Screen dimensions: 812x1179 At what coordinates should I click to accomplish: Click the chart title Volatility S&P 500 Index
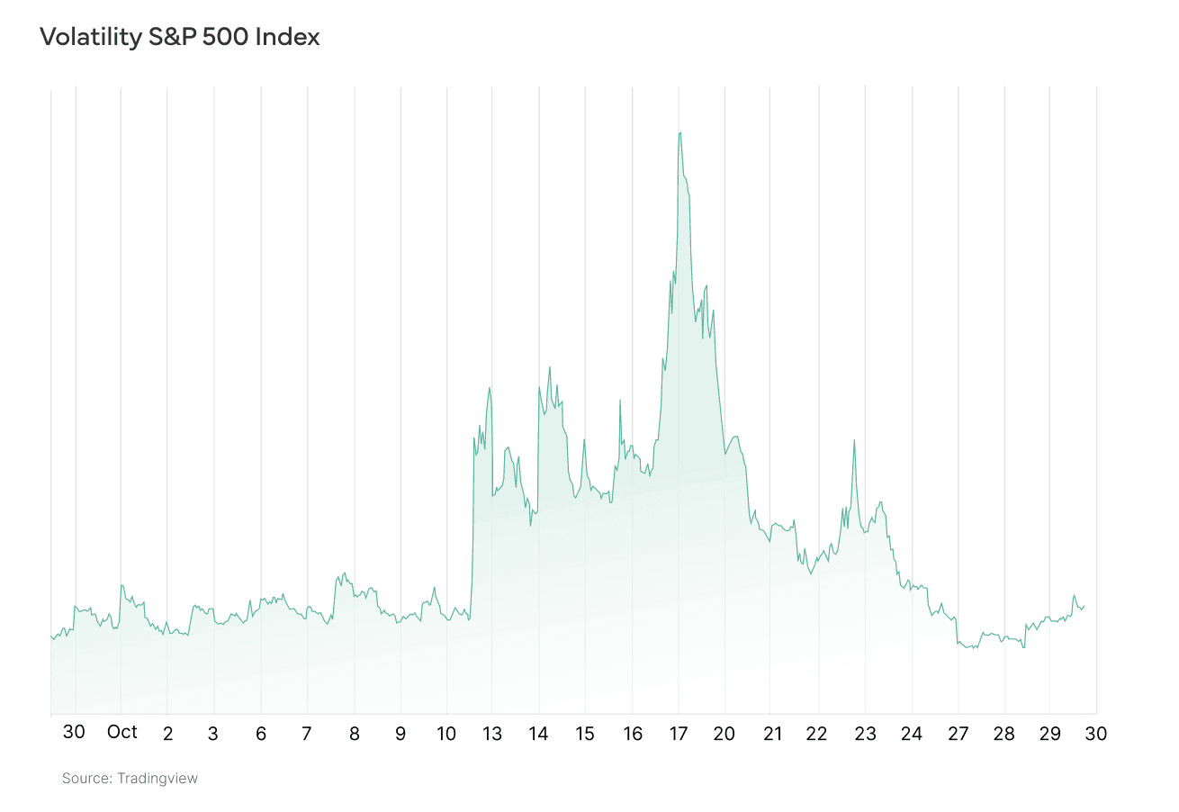(x=180, y=38)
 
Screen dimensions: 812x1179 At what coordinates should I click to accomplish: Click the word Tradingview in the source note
(x=157, y=779)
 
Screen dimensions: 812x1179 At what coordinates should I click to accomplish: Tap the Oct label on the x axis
(x=122, y=732)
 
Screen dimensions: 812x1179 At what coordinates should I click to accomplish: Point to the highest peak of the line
(x=680, y=133)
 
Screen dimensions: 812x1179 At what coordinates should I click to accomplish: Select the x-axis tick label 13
(x=492, y=733)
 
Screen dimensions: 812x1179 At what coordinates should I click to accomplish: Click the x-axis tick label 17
(x=679, y=733)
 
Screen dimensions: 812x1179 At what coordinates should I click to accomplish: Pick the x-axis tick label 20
(x=724, y=733)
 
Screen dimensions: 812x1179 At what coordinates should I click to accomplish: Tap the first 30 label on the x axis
(x=74, y=732)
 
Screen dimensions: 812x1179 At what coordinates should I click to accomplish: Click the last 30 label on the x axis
(x=1096, y=733)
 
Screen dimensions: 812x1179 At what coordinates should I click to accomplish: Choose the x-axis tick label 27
(x=958, y=733)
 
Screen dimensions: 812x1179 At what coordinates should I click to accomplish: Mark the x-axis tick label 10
(x=446, y=733)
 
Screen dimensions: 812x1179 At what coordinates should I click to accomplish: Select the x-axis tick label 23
(x=865, y=733)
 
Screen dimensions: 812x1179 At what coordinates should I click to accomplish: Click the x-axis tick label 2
(x=168, y=733)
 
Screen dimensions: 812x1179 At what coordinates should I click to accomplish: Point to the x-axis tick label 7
(x=307, y=733)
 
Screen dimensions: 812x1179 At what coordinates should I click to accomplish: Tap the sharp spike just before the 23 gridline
(x=854, y=440)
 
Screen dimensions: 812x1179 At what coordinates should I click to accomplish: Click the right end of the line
(x=1084, y=606)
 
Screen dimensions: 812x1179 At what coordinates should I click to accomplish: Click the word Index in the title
(x=293, y=38)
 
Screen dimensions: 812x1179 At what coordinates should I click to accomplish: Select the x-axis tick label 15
(x=585, y=733)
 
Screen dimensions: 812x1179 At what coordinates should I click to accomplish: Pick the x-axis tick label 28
(x=1004, y=733)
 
